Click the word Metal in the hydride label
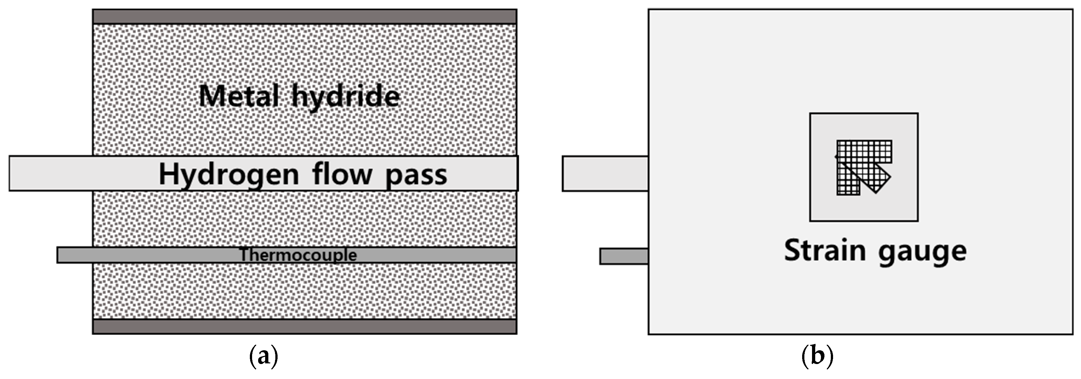pos(239,96)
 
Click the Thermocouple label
pos(298,255)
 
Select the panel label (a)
pos(264,356)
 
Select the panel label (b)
pos(817,356)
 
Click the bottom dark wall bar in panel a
pos(304,326)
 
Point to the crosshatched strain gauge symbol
pos(862,166)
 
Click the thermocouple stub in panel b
pos(624,256)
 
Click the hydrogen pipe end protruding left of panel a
pos(50,174)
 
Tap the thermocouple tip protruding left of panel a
pos(74,255)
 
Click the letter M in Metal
pos(211,96)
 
